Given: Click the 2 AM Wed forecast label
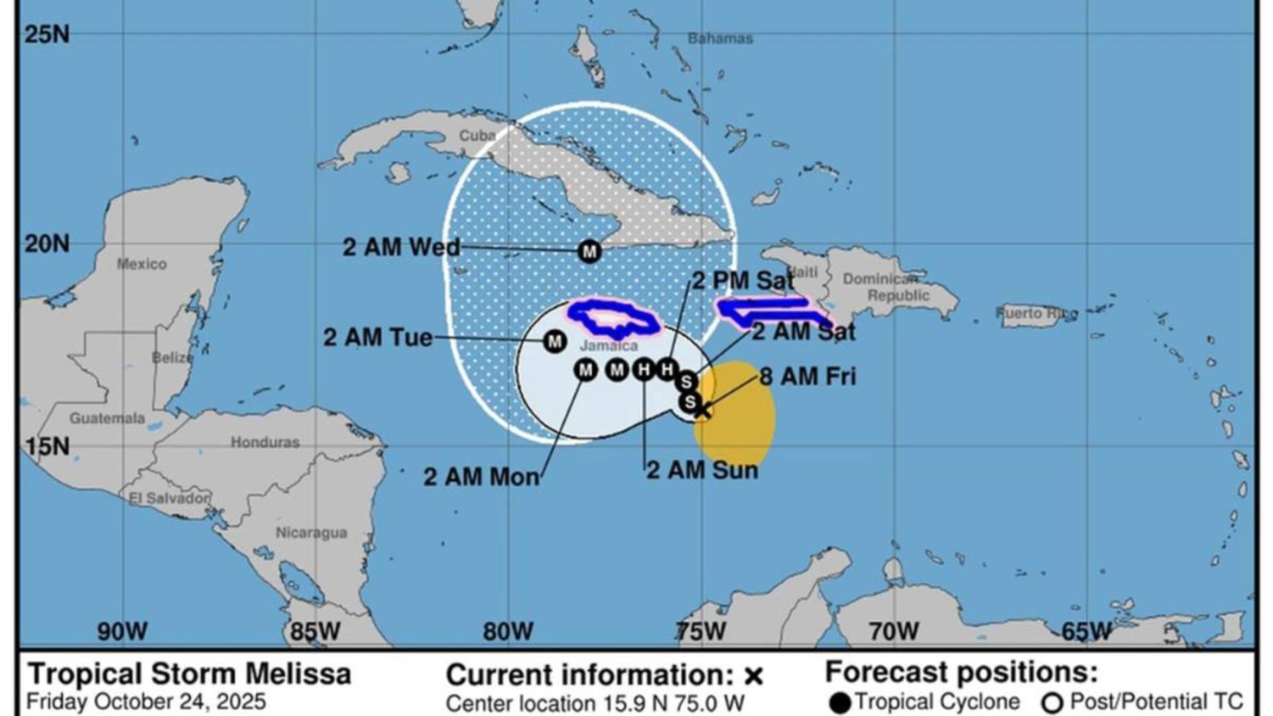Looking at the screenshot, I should (401, 247).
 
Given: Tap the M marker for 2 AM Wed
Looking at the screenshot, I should (589, 252).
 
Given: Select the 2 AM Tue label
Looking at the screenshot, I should (378, 337).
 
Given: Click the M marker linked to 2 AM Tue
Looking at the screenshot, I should (554, 342).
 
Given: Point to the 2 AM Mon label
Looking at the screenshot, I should (481, 477).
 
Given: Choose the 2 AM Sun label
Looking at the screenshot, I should (702, 470).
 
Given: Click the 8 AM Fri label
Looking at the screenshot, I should (808, 377).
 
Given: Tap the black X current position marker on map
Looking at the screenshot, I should (702, 411).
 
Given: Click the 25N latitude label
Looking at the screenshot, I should (46, 34).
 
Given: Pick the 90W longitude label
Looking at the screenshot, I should (123, 631).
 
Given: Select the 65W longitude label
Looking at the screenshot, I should (1086, 631).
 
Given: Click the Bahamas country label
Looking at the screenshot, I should (720, 38).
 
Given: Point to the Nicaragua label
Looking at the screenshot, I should (311, 532).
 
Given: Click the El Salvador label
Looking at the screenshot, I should (169, 498).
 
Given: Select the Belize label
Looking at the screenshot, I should (172, 358).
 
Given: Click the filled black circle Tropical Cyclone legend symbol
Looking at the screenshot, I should (840, 703).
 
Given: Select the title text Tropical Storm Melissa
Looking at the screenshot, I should (189, 674).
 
